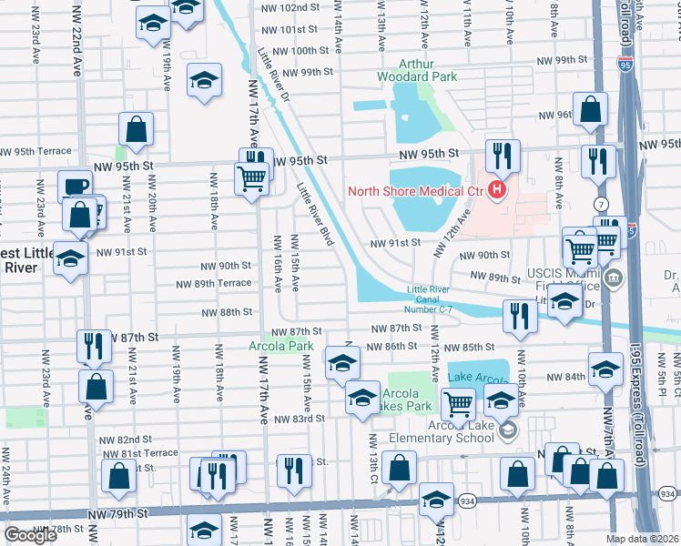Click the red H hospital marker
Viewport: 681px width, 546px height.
pyautogui.click(x=497, y=191)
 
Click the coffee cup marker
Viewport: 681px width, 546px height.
pyautogui.click(x=75, y=187)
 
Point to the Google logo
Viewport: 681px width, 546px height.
pyautogui.click(x=30, y=535)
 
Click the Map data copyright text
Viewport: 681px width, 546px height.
pyautogui.click(x=643, y=539)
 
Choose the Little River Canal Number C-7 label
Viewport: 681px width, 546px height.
pyautogui.click(x=429, y=299)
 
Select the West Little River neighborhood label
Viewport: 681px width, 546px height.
pyautogui.click(x=22, y=260)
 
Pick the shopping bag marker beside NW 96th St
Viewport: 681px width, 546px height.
pyautogui.click(x=592, y=108)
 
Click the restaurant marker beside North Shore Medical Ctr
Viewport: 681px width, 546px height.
pyautogui.click(x=502, y=157)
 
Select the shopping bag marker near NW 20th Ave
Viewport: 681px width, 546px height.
pyautogui.click(x=137, y=131)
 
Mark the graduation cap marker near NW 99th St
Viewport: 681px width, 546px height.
pyautogui.click(x=205, y=81)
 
